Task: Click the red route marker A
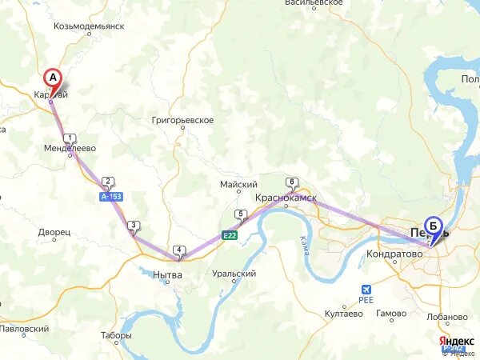click(53, 78)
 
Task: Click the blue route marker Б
click(434, 226)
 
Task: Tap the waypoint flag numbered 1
click(70, 138)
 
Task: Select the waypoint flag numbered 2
click(107, 182)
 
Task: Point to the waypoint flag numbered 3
click(133, 226)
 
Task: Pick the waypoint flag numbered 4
click(178, 250)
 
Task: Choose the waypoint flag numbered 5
click(240, 214)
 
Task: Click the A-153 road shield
click(111, 196)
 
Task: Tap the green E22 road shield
click(230, 235)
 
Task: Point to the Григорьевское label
click(182, 120)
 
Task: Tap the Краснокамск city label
click(286, 197)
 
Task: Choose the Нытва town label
click(167, 274)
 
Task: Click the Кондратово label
click(394, 254)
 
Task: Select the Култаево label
click(343, 314)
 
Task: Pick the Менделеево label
click(70, 149)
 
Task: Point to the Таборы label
click(116, 335)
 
